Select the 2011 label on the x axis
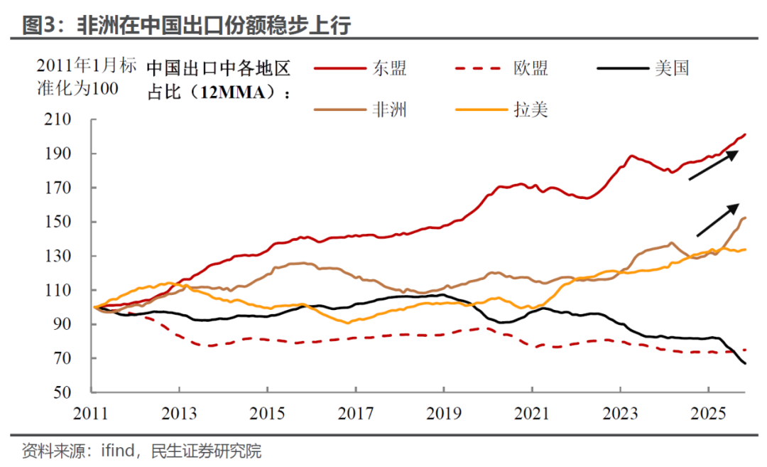point(93,412)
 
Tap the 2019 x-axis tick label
point(444,412)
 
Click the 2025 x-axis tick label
point(707,412)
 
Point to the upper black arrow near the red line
point(714,165)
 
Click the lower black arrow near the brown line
point(718,219)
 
